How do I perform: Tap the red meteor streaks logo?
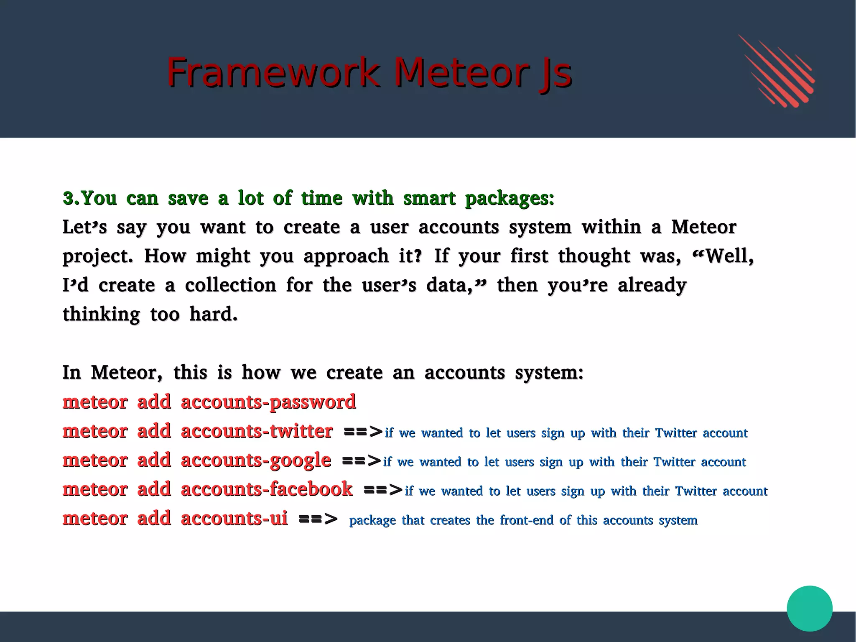tap(776, 71)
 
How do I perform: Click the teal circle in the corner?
tap(809, 608)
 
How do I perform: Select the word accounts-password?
tap(268, 402)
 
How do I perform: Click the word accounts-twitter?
tap(257, 431)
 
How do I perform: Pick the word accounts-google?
tap(256, 460)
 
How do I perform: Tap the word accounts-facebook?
tap(267, 489)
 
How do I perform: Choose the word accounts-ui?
tap(234, 519)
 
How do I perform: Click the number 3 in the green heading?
tap(69, 198)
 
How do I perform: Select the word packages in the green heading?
tap(509, 199)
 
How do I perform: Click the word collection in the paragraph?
tap(230, 286)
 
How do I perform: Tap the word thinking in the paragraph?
tap(101, 315)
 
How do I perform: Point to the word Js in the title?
tap(555, 74)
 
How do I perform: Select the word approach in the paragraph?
tap(346, 256)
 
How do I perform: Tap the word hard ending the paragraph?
tap(213, 315)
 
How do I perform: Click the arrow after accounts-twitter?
tap(363, 432)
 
